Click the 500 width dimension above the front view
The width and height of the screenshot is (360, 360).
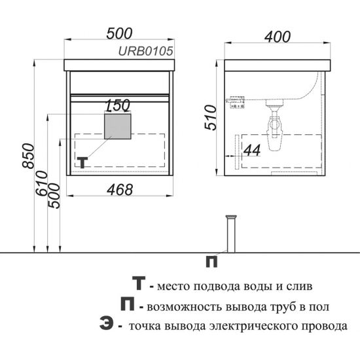coord(119,33)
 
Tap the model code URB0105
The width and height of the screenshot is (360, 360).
coord(145,51)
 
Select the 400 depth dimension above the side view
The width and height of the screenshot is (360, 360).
coord(278,37)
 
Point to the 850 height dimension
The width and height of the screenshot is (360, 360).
coord(28,156)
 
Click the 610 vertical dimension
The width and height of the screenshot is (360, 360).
coord(41,183)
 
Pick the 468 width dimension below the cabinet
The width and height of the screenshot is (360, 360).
coord(120,190)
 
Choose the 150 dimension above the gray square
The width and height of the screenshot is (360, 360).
coord(118,105)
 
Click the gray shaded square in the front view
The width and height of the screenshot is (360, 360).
coord(118,127)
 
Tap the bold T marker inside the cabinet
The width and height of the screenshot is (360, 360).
coord(82,162)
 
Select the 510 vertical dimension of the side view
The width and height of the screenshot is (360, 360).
coord(211,118)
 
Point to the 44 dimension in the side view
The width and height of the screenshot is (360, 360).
coord(252,151)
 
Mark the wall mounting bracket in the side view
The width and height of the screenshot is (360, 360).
coord(236,102)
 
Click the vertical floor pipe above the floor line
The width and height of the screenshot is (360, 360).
coord(231,234)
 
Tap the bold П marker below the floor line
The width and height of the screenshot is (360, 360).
coord(211,262)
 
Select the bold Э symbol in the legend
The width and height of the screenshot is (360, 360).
coord(107,323)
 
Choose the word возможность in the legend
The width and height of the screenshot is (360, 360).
coord(185,307)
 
